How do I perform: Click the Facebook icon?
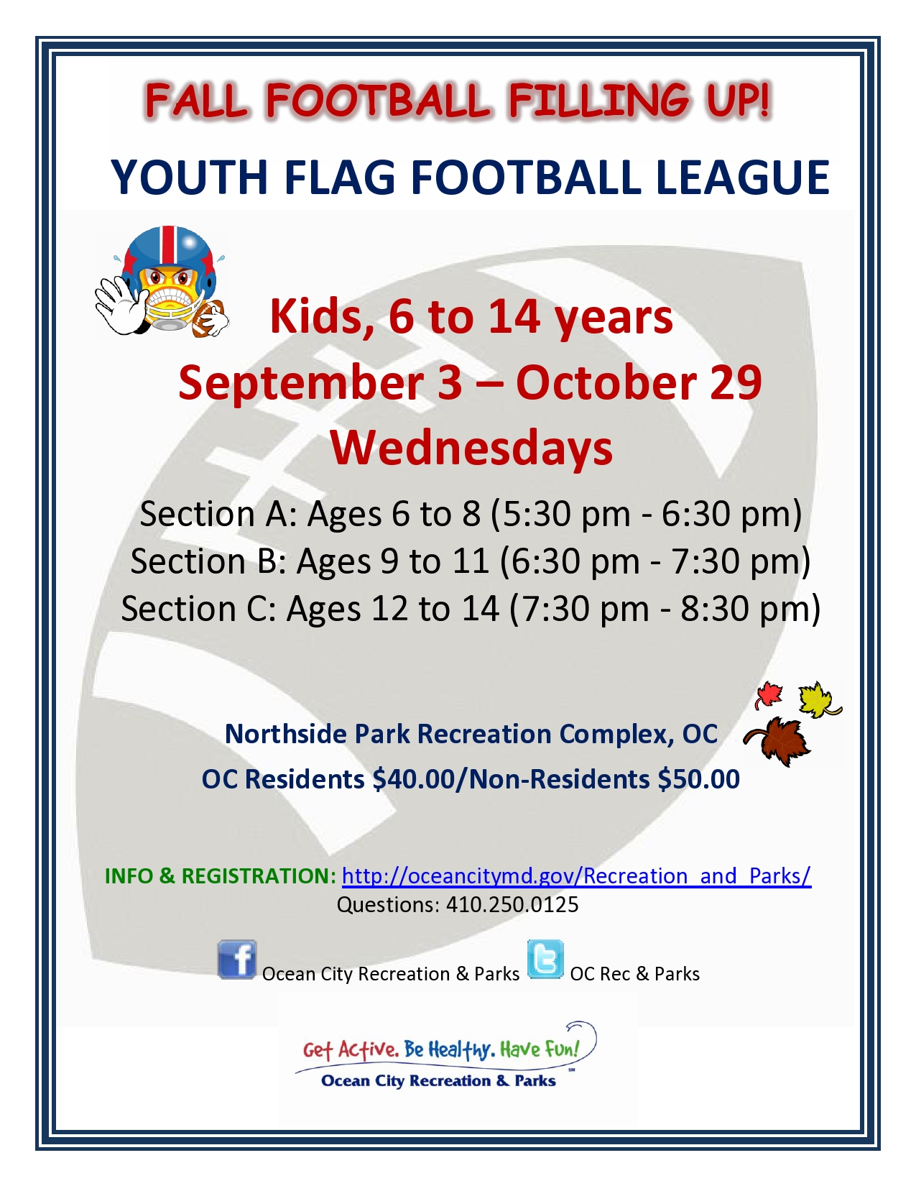[236, 960]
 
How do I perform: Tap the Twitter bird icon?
[545, 960]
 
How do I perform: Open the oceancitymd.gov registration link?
[576, 875]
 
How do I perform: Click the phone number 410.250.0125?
[512, 904]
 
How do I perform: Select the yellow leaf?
[818, 699]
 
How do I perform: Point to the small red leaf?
[769, 694]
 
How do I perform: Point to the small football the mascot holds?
[209, 318]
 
